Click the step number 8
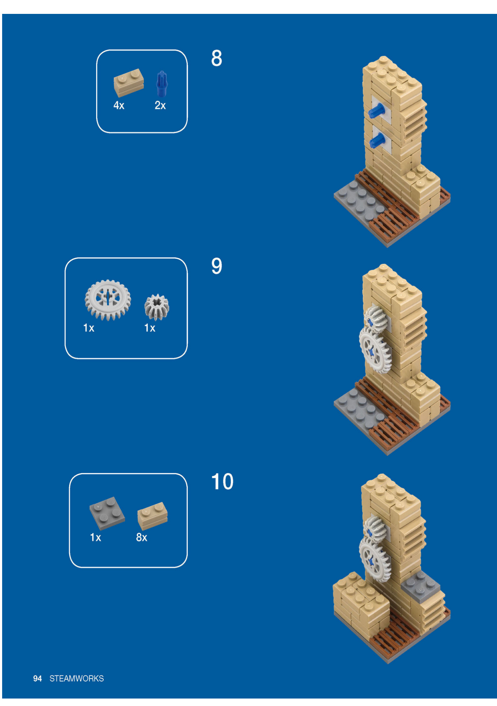click(x=216, y=58)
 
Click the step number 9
click(x=216, y=266)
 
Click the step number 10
click(x=222, y=482)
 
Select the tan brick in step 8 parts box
click(x=129, y=83)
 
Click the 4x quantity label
click(x=119, y=105)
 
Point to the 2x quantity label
click(x=160, y=105)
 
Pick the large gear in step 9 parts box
click(x=108, y=300)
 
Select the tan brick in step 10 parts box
click(x=152, y=516)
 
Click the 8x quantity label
click(x=141, y=537)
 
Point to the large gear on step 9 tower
click(x=375, y=350)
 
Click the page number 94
click(x=37, y=679)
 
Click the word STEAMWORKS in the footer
click(x=77, y=679)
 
